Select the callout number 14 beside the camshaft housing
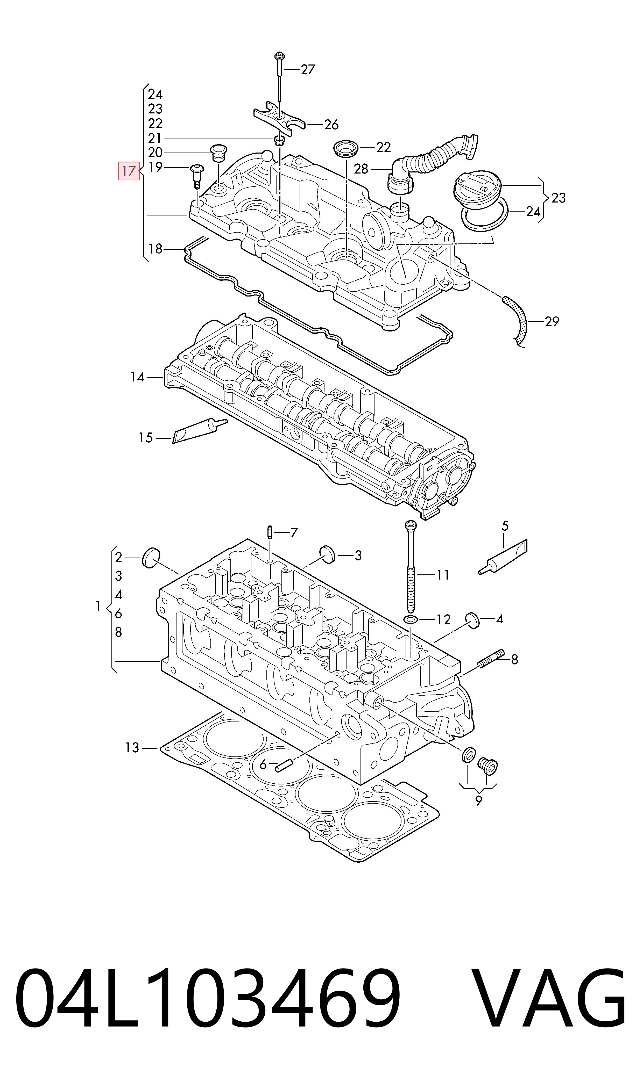[x=137, y=377]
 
